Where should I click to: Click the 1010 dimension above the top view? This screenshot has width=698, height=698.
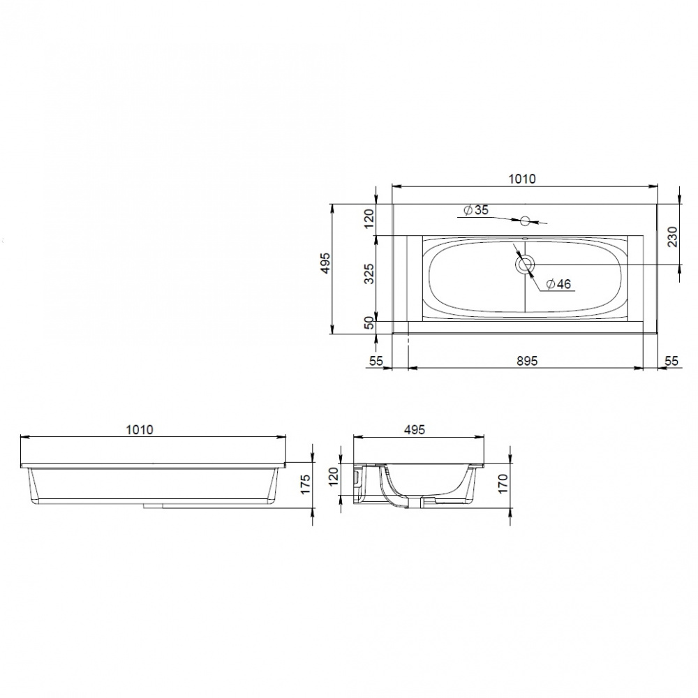pyautogui.click(x=522, y=179)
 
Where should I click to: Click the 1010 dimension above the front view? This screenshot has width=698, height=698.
pyautogui.click(x=140, y=429)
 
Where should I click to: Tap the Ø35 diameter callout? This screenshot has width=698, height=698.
pyautogui.click(x=475, y=209)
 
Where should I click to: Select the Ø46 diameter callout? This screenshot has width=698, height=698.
pyautogui.click(x=558, y=283)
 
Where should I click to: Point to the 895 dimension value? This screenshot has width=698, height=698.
pyautogui.click(x=527, y=361)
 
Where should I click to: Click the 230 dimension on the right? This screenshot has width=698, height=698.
pyautogui.click(x=672, y=237)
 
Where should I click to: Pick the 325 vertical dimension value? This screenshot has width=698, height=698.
pyautogui.click(x=369, y=274)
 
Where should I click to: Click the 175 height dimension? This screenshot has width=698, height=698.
pyautogui.click(x=305, y=484)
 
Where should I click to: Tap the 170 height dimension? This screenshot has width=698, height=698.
pyautogui.click(x=503, y=484)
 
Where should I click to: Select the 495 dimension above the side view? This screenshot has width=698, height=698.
pyautogui.click(x=415, y=429)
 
